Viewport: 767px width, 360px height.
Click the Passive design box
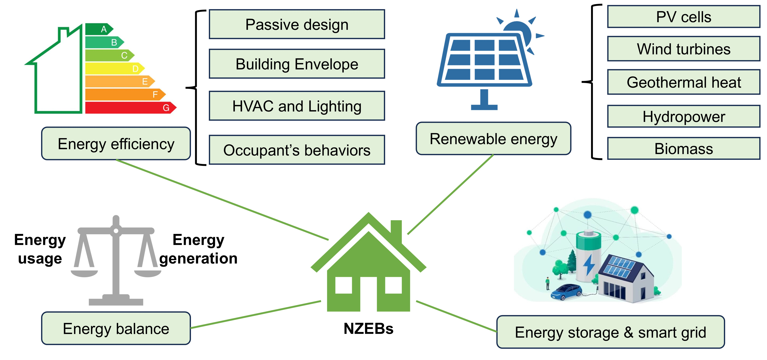point(297,24)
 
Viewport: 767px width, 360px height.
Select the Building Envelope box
point(297,64)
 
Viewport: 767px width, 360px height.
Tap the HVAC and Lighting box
point(297,106)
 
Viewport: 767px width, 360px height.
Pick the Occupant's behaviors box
point(297,150)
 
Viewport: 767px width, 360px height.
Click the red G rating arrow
point(130,108)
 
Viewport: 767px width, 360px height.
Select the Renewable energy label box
point(493,138)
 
